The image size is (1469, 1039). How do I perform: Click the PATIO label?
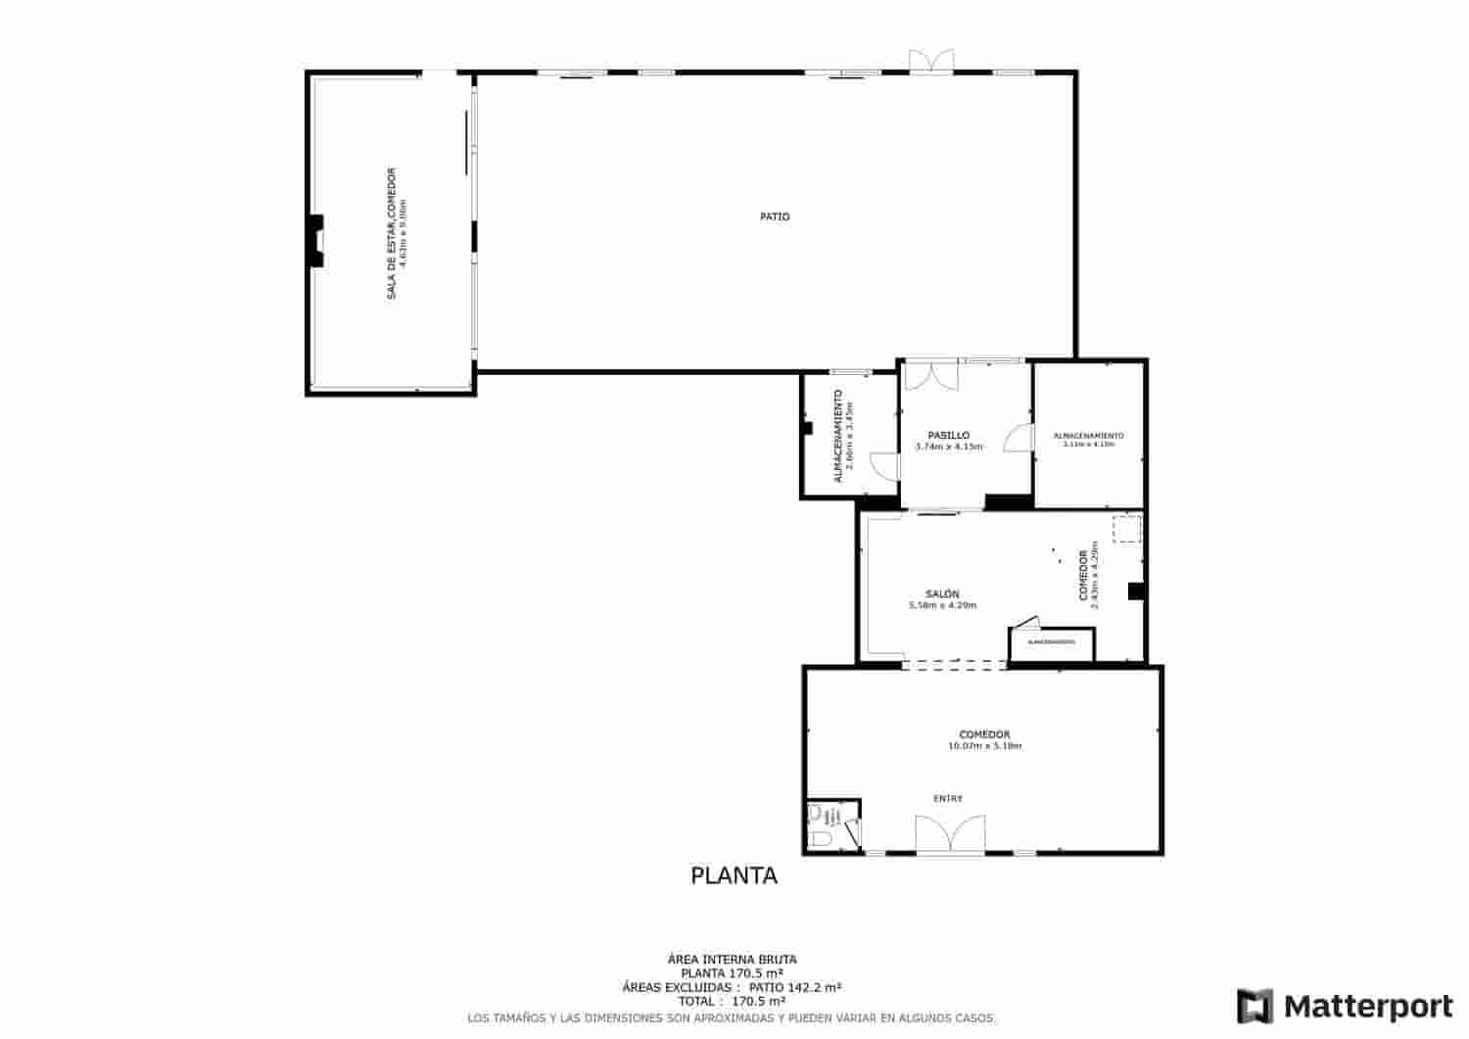(x=775, y=216)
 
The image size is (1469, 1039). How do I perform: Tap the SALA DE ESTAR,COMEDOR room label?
(x=391, y=234)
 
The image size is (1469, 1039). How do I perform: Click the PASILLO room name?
(x=948, y=435)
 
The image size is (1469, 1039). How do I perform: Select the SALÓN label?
(x=942, y=593)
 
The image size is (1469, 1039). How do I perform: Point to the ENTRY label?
(x=947, y=798)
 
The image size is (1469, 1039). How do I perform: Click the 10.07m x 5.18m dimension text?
(x=984, y=746)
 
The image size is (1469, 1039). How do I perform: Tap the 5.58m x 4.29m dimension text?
(x=942, y=605)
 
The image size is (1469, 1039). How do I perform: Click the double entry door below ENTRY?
(x=948, y=834)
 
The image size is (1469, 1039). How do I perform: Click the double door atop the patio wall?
(x=930, y=61)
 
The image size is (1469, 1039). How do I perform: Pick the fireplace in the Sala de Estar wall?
(x=315, y=241)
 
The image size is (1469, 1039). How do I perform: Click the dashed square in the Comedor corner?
(x=1126, y=529)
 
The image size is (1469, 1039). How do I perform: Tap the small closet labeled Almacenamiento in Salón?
(x=1051, y=643)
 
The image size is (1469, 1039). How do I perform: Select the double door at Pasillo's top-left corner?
(x=929, y=375)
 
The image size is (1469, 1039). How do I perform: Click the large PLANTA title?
(x=734, y=875)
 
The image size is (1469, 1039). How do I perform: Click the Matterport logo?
(x=1345, y=1006)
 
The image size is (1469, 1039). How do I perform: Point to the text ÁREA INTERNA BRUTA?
(x=733, y=960)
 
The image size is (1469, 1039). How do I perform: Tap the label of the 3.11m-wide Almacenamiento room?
(x=1088, y=436)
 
